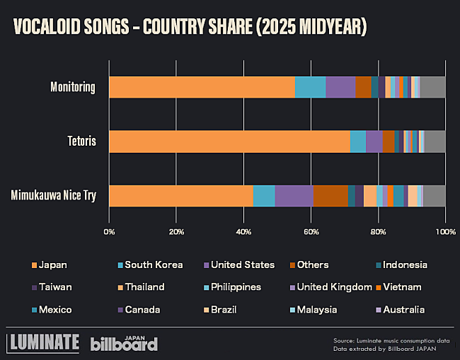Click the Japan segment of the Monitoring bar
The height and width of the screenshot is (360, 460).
(x=202, y=87)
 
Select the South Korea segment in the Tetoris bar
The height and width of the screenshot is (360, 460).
(x=358, y=141)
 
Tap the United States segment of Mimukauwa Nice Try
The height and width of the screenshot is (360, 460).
(x=294, y=196)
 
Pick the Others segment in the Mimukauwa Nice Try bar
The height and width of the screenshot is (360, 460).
(x=330, y=196)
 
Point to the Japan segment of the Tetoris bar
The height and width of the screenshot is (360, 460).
(x=230, y=141)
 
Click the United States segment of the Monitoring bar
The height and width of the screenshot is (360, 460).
(x=340, y=87)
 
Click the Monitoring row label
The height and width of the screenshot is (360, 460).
(x=73, y=87)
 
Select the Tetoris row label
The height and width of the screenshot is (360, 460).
(x=81, y=141)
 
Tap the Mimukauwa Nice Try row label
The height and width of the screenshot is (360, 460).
(x=54, y=196)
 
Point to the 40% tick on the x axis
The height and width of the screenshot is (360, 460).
(x=244, y=231)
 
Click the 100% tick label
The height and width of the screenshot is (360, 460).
(x=445, y=231)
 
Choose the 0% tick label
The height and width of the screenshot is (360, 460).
(x=110, y=231)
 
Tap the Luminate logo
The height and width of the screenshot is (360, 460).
(x=42, y=342)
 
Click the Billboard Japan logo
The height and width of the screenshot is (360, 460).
(x=124, y=343)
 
